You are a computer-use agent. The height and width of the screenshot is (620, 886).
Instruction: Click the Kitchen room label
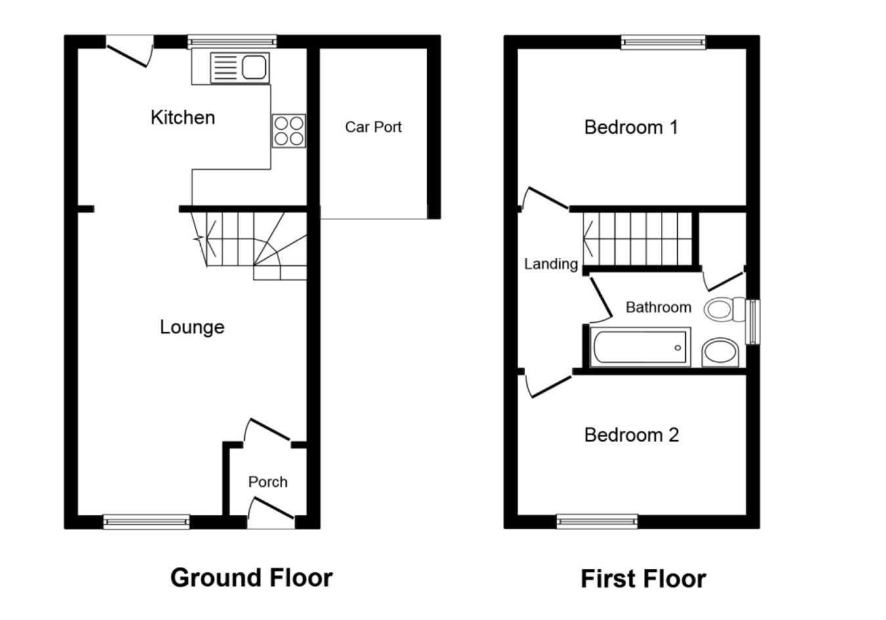182,117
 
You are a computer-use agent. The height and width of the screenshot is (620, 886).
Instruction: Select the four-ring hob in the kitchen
289,131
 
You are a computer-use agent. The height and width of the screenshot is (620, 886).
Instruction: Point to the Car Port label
373,127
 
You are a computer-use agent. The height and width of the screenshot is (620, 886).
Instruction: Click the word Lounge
192,327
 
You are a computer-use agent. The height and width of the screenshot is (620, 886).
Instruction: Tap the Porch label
268,482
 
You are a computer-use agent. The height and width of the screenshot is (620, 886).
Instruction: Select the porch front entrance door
271,512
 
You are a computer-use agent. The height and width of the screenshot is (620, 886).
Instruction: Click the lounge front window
146,522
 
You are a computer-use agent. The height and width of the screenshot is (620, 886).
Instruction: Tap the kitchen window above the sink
232,41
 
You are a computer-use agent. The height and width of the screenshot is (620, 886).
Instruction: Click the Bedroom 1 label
631,127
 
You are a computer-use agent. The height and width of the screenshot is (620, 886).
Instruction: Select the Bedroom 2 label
631,435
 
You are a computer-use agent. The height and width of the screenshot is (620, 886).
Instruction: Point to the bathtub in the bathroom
640,347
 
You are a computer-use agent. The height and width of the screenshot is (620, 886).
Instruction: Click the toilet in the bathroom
725,309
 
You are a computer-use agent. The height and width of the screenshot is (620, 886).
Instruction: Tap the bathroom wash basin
720,352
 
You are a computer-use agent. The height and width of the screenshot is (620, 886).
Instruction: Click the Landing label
551,264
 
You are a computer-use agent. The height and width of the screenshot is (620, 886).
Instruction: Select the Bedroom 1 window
663,42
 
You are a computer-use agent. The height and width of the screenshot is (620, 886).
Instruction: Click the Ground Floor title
251,578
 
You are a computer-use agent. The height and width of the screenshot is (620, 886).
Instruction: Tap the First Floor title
644,579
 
